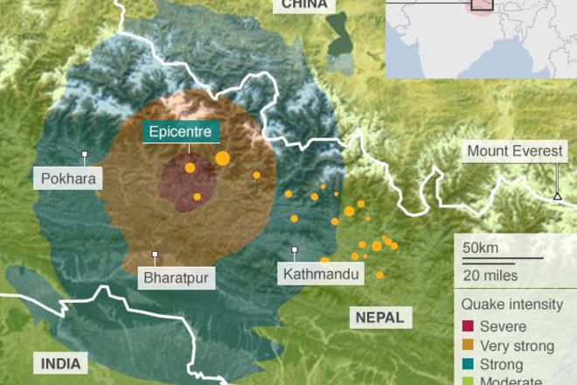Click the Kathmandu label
(320, 274)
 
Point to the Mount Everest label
(514, 151)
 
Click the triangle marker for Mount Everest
(557, 195)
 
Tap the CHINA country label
(304, 5)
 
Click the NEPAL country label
(379, 318)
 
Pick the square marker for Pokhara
(85, 155)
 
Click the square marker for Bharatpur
(155, 255)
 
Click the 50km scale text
(481, 248)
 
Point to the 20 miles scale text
(490, 275)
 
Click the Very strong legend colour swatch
(468, 346)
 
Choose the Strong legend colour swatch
(468, 364)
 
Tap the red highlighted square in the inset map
(482, 4)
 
